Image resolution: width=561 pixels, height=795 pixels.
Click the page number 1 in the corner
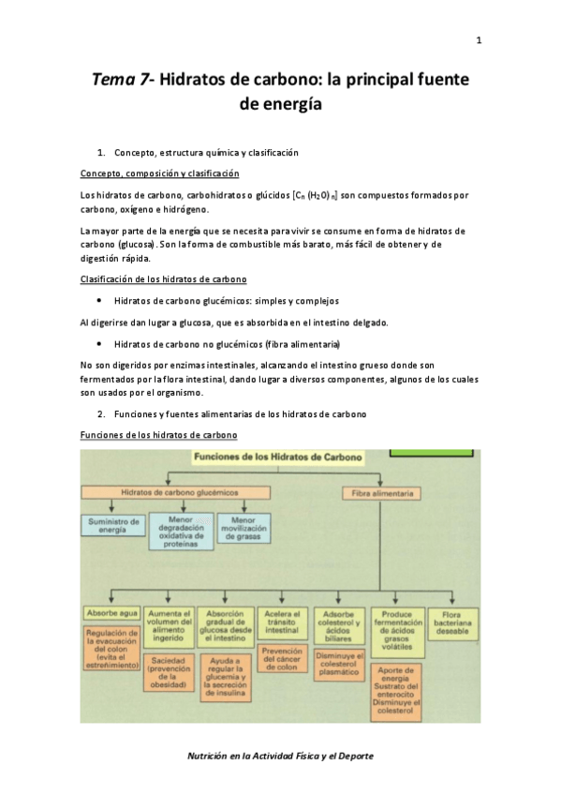pyautogui.click(x=479, y=40)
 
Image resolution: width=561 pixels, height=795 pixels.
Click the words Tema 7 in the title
pyautogui.click(x=121, y=81)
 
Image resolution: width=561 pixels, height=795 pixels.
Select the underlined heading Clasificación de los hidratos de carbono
pyautogui.click(x=164, y=279)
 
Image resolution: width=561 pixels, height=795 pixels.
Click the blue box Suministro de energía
pyautogui.click(x=112, y=525)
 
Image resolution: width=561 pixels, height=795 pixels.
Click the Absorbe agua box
pyautogui.click(x=112, y=613)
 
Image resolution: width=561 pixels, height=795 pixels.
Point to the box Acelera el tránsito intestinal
pyautogui.click(x=281, y=622)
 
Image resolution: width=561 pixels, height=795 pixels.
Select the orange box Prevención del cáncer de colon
pyautogui.click(x=281, y=659)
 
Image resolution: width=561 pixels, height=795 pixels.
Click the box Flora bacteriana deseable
pyautogui.click(x=452, y=622)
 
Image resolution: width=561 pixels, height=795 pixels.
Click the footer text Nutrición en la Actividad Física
pyautogui.click(x=280, y=755)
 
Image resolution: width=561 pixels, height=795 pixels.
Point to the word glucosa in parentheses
pyautogui.click(x=138, y=244)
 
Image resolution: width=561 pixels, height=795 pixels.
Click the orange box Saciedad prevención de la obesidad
pyautogui.click(x=169, y=673)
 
